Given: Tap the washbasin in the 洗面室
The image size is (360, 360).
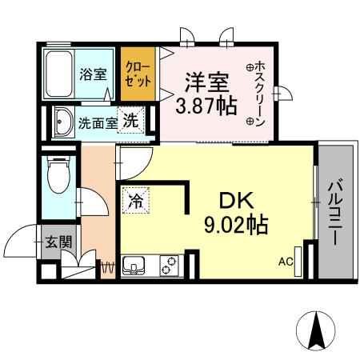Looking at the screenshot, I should pyautogui.click(x=63, y=123).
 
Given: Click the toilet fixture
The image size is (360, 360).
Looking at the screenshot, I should pyautogui.click(x=58, y=177).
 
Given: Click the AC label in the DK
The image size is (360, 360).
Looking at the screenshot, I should pyautogui.click(x=285, y=261).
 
